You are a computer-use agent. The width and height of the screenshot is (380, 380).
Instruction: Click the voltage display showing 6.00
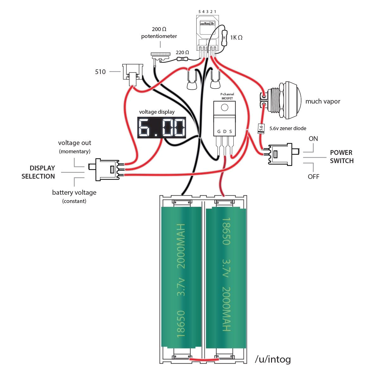tap(161, 128)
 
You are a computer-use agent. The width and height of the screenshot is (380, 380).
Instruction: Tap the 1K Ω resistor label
tap(236, 38)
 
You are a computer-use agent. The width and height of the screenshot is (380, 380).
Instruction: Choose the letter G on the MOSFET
tap(219, 131)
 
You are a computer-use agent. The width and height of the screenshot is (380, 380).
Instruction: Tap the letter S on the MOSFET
tap(231, 131)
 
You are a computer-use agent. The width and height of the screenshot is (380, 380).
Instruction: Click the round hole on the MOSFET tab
tap(225, 108)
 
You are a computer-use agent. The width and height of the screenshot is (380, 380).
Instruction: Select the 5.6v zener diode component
tap(261, 128)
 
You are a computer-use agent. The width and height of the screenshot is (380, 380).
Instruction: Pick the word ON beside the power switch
tap(313, 139)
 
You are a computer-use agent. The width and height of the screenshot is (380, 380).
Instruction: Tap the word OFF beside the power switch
tap(313, 176)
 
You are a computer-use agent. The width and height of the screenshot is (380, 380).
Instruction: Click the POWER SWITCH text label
tap(342, 157)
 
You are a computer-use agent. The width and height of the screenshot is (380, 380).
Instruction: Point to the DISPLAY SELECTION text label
tap(38, 172)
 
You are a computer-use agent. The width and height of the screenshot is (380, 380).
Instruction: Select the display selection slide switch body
tap(108, 169)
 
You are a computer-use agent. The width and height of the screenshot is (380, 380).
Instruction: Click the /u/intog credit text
tap(273, 359)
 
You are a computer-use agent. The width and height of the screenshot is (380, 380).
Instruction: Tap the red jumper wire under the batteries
tap(204, 359)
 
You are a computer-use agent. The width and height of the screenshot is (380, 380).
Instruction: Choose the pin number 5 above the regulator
tap(199, 12)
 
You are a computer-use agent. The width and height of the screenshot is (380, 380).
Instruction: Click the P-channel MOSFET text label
tap(227, 96)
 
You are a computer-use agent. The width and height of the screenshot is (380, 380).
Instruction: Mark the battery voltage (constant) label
tap(74, 196)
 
